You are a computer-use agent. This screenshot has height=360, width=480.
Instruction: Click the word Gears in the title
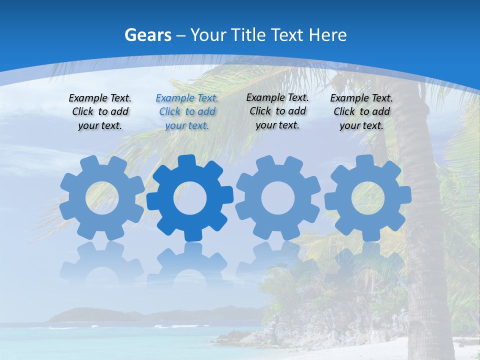[x=147, y=35]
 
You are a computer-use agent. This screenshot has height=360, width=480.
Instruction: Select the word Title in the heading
[x=247, y=35]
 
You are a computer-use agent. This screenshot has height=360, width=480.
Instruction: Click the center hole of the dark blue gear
[x=190, y=198]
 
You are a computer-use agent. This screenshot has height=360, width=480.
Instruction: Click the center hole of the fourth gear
[x=368, y=198]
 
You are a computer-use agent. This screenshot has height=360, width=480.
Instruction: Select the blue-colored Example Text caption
[x=187, y=111]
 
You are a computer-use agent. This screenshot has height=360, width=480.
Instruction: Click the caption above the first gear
[x=100, y=111]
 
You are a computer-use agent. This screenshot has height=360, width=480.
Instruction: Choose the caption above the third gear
[x=277, y=111]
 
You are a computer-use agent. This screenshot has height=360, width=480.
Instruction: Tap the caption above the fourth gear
[x=361, y=111]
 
